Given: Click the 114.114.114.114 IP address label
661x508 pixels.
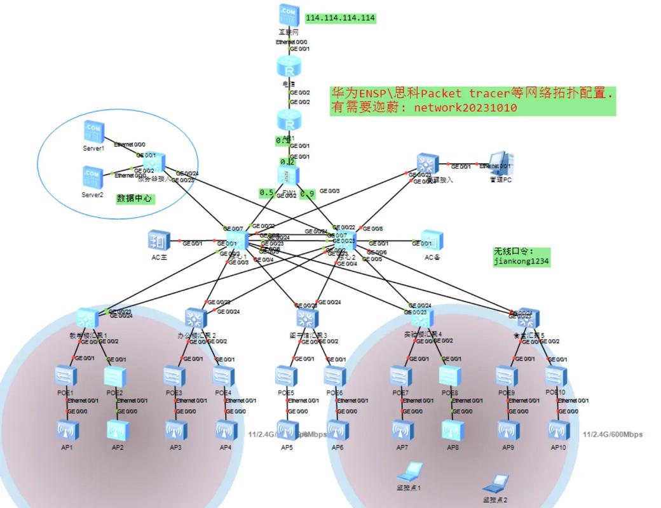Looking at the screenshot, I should coord(340,18).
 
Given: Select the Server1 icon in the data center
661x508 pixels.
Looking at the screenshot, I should coord(92,131).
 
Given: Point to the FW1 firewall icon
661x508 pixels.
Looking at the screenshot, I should coord(287,175).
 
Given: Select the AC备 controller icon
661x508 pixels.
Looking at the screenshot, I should coord(432,240).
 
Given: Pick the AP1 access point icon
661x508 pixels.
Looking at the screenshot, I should coord(66,431).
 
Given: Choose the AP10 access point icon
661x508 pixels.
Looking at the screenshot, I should coord(557,431).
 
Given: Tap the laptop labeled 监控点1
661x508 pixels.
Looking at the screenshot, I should coord(409,471).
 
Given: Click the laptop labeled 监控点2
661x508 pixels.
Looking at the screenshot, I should coord(495,484).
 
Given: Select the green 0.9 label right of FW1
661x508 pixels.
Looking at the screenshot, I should coord(308,193).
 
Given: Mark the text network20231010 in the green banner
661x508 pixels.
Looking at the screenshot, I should coord(465,108).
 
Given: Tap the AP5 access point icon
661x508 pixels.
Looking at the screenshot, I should coord(287,431).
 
